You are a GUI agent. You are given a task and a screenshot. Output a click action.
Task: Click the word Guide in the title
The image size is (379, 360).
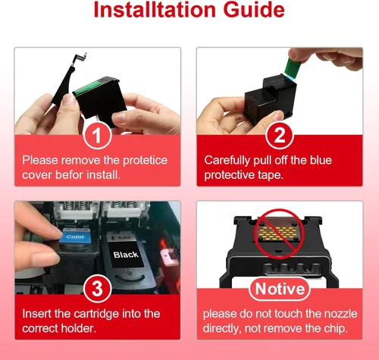[x=254, y=10]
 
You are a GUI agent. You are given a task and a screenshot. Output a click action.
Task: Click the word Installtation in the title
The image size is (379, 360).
[x=155, y=10]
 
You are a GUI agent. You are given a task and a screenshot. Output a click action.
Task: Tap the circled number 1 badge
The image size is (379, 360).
[x=98, y=136]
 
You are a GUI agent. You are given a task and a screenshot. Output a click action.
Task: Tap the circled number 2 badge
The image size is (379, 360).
[x=280, y=136]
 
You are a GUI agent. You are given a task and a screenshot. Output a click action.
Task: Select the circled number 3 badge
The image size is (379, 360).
[x=98, y=289]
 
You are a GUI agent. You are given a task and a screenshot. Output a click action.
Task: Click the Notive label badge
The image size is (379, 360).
[x=280, y=289]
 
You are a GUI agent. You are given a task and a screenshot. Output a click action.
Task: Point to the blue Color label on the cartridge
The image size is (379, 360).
[x=75, y=236]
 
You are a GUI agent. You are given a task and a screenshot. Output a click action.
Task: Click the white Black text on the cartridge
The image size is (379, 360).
[x=126, y=255]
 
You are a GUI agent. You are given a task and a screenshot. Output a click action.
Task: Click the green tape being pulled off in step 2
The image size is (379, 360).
[x=293, y=66]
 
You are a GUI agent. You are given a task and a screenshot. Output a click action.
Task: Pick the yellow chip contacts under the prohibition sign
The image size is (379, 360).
[x=277, y=233]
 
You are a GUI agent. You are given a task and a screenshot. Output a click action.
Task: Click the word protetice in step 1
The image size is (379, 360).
[x=146, y=161]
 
